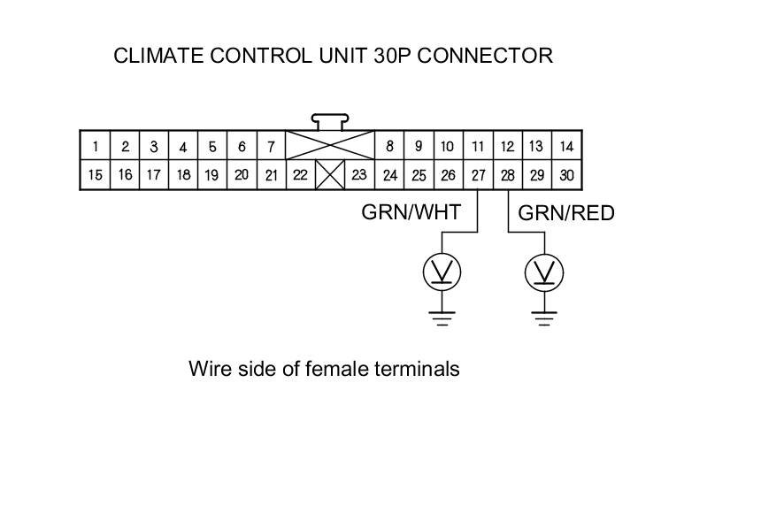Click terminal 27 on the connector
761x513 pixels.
point(478,175)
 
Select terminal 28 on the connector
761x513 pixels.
point(507,175)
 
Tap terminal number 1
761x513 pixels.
point(96,146)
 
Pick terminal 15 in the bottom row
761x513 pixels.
point(96,175)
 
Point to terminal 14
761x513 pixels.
point(566,146)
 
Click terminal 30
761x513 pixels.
point(566,175)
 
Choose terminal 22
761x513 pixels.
point(301,175)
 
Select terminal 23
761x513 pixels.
point(359,175)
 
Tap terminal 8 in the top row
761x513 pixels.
point(389,146)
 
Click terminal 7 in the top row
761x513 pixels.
point(271,146)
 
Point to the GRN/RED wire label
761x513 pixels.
point(566,213)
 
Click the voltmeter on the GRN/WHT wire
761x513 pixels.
point(442,272)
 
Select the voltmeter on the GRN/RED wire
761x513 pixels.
point(544,272)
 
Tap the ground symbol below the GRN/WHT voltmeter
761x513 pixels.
point(442,319)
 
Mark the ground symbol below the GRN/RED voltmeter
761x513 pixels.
point(544,319)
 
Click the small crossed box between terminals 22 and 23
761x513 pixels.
point(330,175)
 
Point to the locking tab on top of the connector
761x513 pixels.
point(330,122)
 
